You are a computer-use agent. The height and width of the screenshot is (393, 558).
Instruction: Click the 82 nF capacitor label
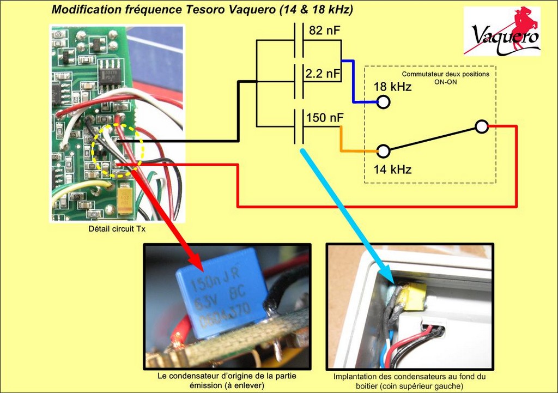click(324, 31)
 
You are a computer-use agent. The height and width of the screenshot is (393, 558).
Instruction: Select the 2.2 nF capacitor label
click(323, 73)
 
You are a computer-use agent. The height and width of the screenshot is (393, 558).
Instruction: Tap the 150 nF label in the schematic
click(325, 118)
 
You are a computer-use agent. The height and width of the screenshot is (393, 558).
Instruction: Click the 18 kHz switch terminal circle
click(384, 102)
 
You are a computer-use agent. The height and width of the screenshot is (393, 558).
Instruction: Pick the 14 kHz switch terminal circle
click(384, 150)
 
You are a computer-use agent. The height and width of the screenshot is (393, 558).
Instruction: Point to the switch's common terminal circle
click(481, 126)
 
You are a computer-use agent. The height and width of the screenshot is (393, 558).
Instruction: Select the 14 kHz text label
click(392, 169)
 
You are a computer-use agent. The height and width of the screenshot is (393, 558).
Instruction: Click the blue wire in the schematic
click(354, 82)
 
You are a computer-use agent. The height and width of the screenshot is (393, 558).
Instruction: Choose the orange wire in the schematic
click(341, 140)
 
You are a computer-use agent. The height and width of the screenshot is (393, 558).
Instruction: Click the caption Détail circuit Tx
click(117, 229)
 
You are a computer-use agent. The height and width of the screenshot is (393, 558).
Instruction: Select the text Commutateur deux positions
click(445, 74)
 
